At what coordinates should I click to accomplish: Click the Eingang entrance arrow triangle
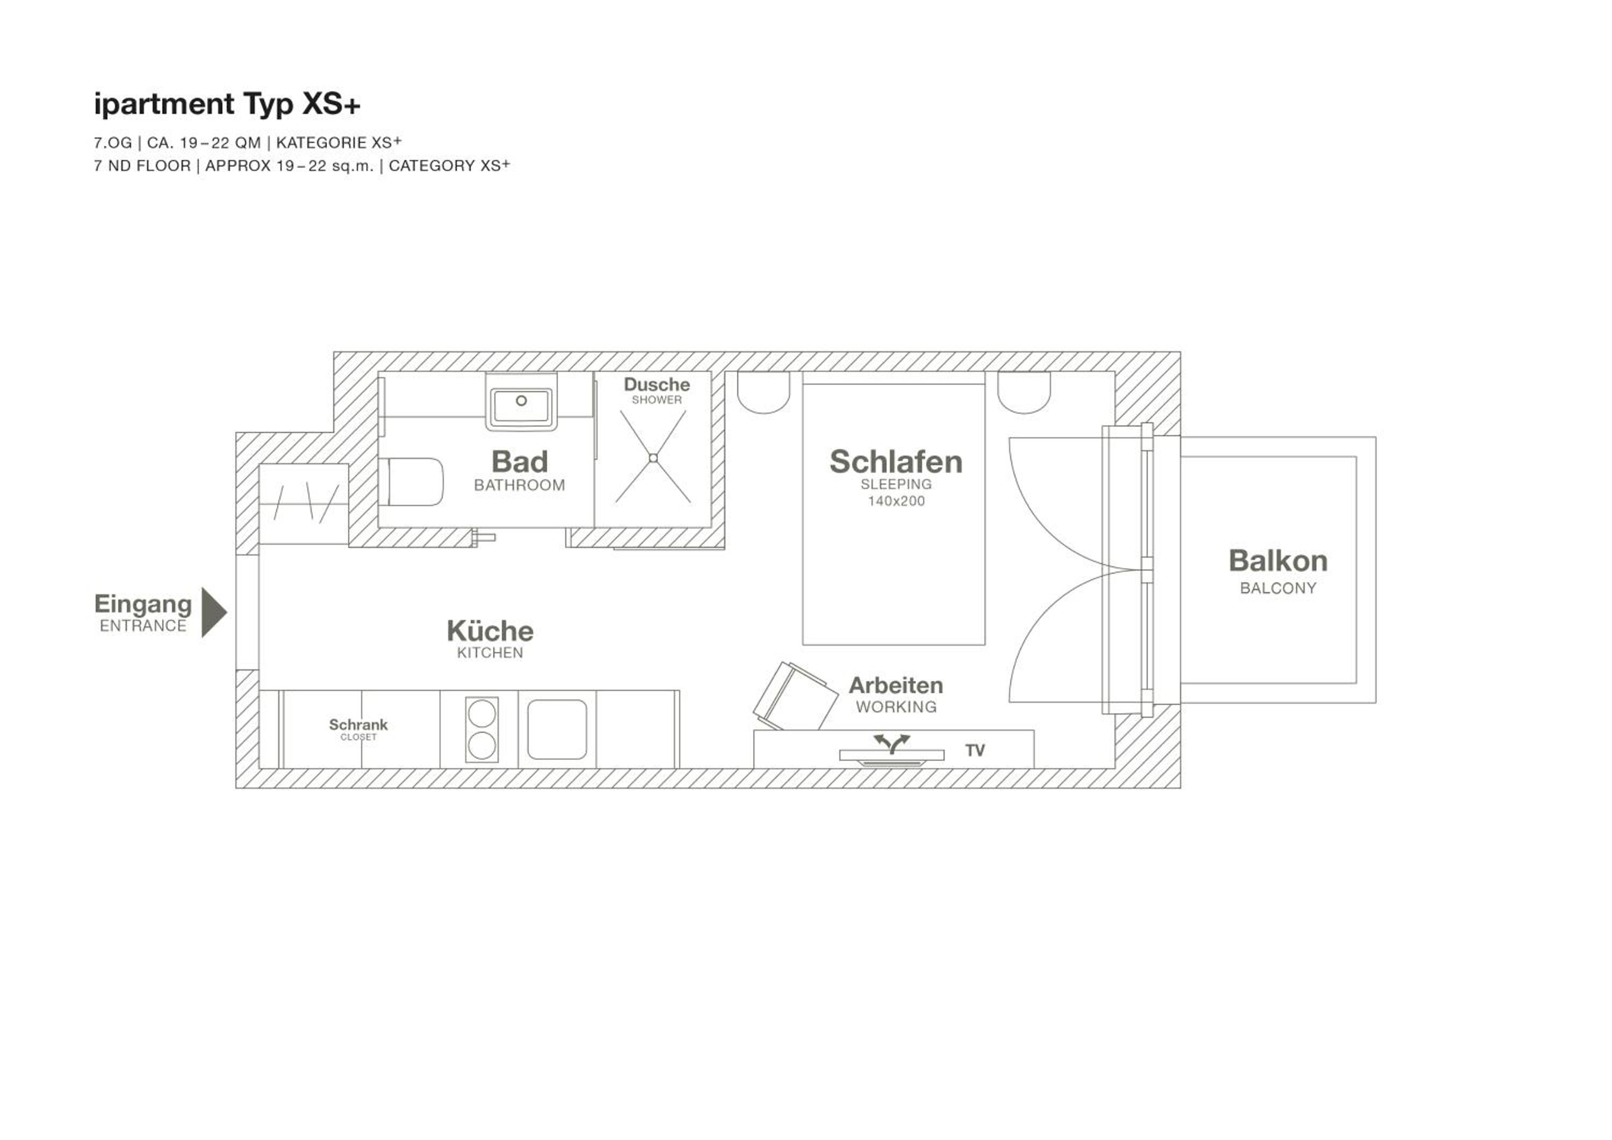[213, 612]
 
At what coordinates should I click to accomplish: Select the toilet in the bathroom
[414, 481]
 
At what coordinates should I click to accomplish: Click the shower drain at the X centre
[653, 458]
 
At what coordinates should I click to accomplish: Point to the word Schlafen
[896, 461]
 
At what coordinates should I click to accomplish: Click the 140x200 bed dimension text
[896, 501]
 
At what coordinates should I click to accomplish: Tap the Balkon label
[1278, 560]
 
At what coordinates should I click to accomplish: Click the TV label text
[975, 751]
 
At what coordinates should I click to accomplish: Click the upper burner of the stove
[481, 713]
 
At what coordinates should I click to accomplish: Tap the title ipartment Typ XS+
[227, 104]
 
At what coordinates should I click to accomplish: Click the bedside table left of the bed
[764, 392]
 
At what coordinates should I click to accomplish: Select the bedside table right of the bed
[1024, 392]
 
